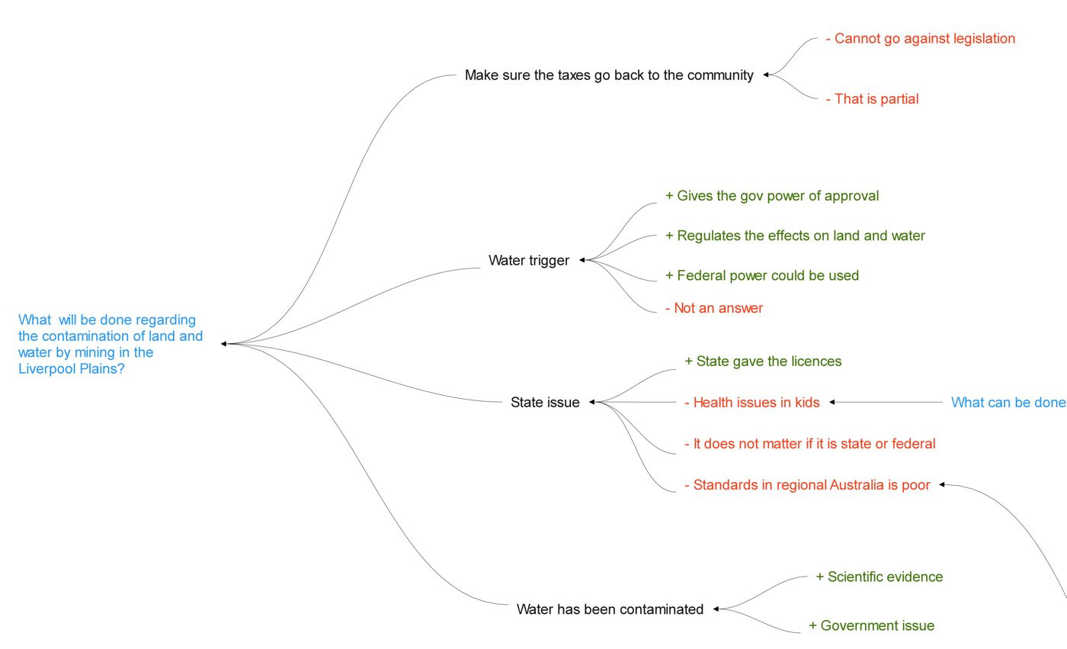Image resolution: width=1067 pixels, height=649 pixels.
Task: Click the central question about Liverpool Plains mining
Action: [x=111, y=344]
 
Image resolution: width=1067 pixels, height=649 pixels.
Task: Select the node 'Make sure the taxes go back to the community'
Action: [x=609, y=76]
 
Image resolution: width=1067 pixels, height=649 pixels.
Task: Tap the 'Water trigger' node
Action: [x=528, y=261]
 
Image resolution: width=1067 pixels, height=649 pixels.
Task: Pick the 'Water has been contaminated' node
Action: [x=610, y=609]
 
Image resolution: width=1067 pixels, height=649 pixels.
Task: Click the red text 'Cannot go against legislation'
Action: [x=920, y=38]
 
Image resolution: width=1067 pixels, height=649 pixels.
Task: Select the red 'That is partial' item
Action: [x=872, y=99]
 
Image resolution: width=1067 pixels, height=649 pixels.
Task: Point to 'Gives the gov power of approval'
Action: [x=772, y=196]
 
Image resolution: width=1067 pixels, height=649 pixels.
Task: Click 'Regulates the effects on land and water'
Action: [x=795, y=236]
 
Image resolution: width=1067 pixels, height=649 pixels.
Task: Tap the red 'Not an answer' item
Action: [x=713, y=308]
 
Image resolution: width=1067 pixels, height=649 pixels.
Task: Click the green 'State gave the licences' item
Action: [x=763, y=361]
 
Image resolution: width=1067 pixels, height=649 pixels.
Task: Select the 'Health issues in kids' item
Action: [x=751, y=403]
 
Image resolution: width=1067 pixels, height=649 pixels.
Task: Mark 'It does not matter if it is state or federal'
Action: [x=809, y=444]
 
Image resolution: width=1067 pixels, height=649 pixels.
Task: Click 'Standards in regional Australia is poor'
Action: [x=806, y=485]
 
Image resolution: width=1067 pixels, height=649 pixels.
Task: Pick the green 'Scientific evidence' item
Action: [x=879, y=577]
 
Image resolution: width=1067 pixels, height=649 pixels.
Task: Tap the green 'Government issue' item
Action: [x=871, y=626]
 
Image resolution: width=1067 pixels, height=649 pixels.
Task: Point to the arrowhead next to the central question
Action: [x=224, y=344]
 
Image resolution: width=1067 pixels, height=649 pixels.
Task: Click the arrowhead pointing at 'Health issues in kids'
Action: [x=831, y=402]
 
